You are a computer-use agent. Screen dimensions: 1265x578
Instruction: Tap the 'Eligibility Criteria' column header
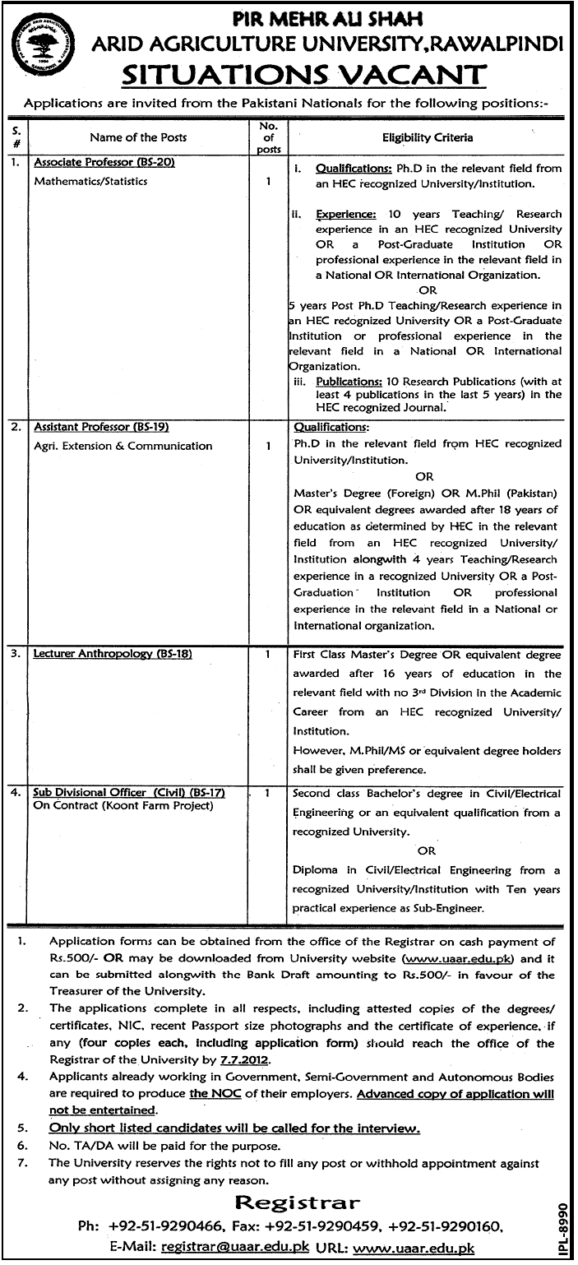coord(427,137)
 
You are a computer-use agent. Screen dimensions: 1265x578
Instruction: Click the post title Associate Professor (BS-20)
coord(104,163)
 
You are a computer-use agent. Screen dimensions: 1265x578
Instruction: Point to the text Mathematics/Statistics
coord(90,181)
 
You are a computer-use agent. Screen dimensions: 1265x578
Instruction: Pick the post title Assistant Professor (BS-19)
coord(101,428)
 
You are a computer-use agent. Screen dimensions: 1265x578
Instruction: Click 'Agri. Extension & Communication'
coord(123,446)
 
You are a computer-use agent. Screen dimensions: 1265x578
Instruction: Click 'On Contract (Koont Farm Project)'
coord(123,806)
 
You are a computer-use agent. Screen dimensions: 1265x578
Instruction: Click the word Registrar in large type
coord(297,1202)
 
